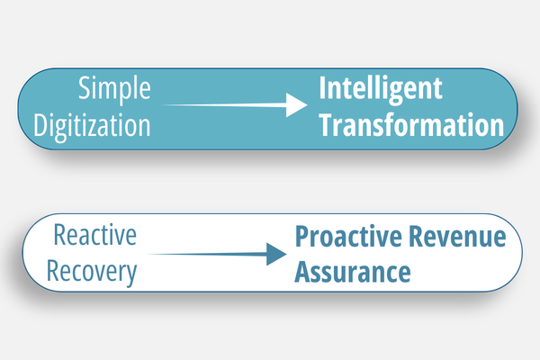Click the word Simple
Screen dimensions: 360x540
114,90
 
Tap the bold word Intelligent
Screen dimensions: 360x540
381,90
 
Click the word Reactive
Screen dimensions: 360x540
95,237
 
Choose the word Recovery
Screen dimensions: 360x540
96,271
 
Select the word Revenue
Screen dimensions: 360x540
463,238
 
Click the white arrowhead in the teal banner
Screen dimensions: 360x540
297,106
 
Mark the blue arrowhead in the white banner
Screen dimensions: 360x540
274,254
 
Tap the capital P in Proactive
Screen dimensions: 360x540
302,238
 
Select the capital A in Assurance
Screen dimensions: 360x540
303,271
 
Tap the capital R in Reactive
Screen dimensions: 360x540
60,237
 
